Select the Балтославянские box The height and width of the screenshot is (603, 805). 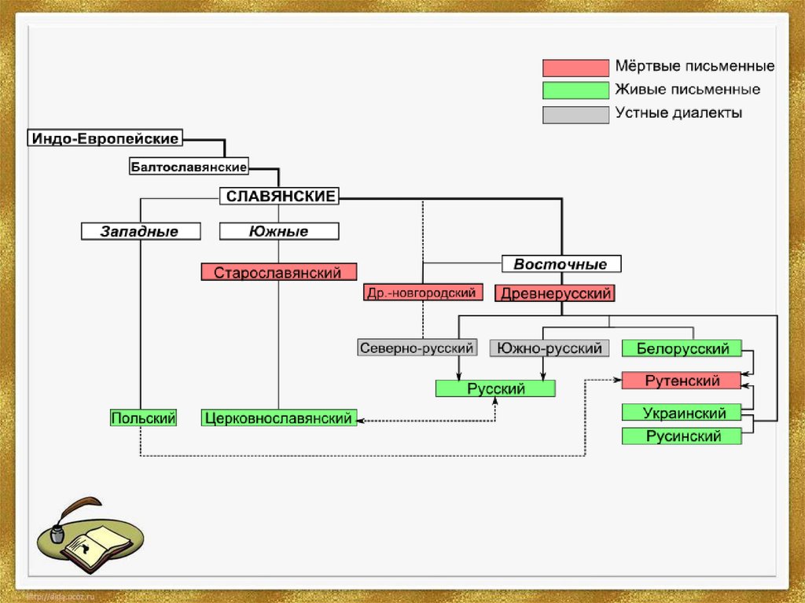pos(189,167)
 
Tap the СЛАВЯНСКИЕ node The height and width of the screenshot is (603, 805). pos(280,196)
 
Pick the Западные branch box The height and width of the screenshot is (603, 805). pos(140,231)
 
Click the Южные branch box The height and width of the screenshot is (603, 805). pos(279,231)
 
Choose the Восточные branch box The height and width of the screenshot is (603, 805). pos(561,263)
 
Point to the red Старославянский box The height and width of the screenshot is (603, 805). pos(278,273)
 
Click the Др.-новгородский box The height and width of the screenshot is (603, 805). pos(421,293)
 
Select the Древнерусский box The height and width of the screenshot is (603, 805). pos(553,294)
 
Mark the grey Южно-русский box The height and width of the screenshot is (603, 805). pos(550,347)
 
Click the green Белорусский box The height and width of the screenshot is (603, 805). pos(682,347)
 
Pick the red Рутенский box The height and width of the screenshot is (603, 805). pos(682,381)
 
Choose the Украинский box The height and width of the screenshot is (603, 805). pos(682,412)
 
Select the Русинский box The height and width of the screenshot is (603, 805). pos(682,436)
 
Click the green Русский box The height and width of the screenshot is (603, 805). pos(495,388)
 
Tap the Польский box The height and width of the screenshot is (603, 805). pos(143,418)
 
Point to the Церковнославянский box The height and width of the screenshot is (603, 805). pos(278,418)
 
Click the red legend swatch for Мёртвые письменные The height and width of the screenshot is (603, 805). pos(575,68)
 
